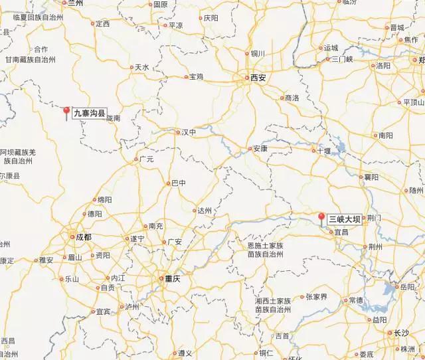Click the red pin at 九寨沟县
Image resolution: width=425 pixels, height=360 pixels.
tap(66, 111)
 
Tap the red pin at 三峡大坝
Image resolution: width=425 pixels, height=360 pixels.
tap(321, 218)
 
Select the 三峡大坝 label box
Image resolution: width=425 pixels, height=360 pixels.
tap(345, 218)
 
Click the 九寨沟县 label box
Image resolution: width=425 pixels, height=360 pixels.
tap(89, 114)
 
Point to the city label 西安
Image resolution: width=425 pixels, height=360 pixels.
tap(258, 78)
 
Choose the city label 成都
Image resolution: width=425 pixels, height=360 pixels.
tap(83, 236)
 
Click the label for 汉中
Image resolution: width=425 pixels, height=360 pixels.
tap(189, 132)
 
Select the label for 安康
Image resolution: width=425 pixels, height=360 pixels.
tap(260, 149)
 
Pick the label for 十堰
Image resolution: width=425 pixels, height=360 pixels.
tap(323, 151)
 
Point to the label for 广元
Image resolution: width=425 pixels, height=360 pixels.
tap(145, 159)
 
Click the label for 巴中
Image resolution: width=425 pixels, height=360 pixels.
tap(179, 183)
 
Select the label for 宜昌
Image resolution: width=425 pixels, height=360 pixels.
tap(341, 232)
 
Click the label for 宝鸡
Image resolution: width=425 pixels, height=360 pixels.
tap(196, 77)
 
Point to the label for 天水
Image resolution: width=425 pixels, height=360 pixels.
tap(141, 67)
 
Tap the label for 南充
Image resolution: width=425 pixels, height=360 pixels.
tap(156, 226)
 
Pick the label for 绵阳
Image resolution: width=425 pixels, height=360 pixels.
tap(104, 199)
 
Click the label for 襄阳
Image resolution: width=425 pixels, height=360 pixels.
tap(371, 177)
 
